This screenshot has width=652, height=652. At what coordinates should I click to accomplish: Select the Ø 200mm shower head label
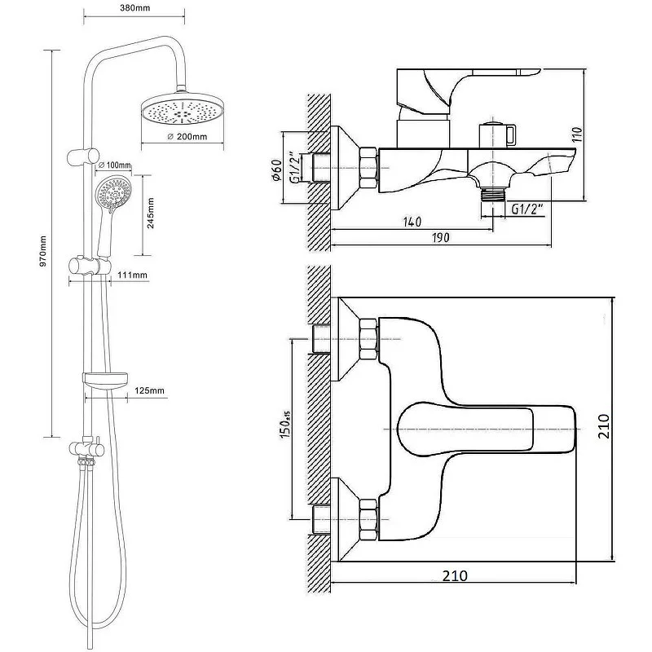pyautogui.click(x=185, y=136)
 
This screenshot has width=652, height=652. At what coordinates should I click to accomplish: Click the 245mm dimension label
pyautogui.click(x=151, y=212)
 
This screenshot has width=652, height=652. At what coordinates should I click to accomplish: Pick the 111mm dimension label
pyautogui.click(x=131, y=275)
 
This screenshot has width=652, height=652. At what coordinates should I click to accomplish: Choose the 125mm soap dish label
pyautogui.click(x=149, y=391)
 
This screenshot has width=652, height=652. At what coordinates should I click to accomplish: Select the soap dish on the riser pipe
pyautogui.click(x=106, y=379)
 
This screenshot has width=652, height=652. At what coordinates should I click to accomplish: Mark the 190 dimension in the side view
pyautogui.click(x=440, y=237)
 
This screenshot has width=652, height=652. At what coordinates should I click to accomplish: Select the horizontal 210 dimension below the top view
pyautogui.click(x=454, y=575)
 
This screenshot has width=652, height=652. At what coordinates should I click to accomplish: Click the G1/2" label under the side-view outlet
pyautogui.click(x=527, y=209)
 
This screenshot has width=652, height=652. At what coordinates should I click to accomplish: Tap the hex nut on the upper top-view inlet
pyautogui.click(x=369, y=338)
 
